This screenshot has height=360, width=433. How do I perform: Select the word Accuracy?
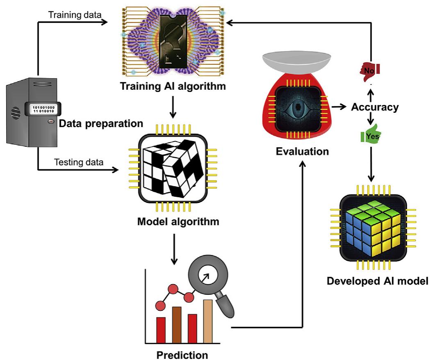coord(375,107)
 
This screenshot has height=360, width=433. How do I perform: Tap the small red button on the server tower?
coord(51,122)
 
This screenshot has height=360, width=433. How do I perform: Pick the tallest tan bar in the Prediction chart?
coord(208,321)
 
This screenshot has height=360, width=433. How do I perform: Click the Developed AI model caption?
coord(377,281)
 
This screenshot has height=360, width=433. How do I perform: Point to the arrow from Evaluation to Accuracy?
coord(338,107)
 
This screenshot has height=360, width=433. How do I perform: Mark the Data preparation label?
coord(101,123)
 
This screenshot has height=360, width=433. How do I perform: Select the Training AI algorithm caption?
coord(173,87)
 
